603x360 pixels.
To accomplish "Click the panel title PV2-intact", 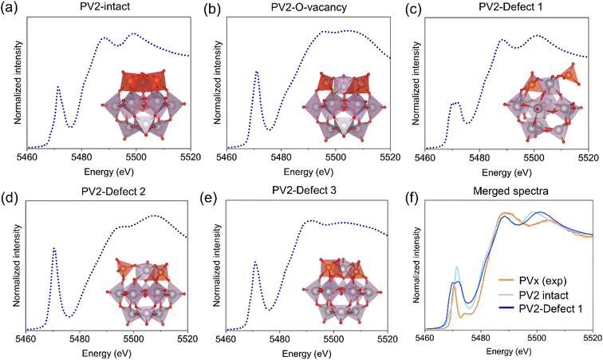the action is tap(108, 7).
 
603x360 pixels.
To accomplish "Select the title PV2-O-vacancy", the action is tap(309, 8).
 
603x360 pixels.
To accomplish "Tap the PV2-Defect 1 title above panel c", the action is tap(510, 7).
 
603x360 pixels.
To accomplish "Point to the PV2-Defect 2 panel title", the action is tap(113, 191).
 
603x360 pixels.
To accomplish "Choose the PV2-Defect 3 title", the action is tap(304, 190).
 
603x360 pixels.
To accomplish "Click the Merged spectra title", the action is tap(510, 191).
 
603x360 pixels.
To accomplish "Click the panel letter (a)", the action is tap(9, 7).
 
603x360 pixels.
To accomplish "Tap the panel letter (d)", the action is tap(9, 192).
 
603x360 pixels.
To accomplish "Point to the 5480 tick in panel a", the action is tap(81, 157).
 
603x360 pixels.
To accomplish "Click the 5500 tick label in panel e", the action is tap(333, 338).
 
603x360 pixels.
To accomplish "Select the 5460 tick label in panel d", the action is tap(26, 338).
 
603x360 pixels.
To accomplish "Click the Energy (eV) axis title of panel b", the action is tap(309, 172).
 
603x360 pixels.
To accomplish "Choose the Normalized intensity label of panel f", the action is tap(416, 264).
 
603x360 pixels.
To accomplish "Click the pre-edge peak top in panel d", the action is tap(54, 248).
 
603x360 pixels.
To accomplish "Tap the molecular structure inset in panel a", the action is tap(144, 103).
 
